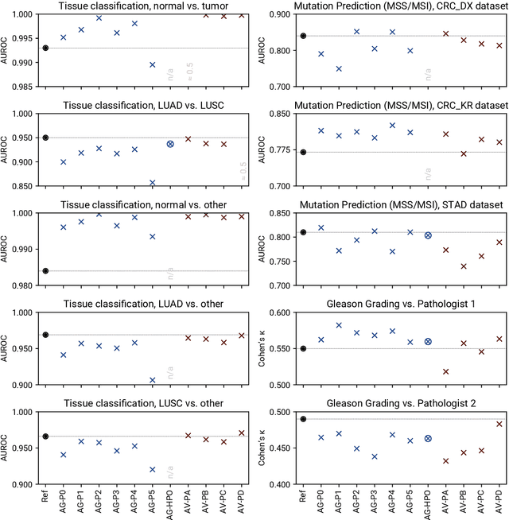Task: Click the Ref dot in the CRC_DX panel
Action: (x=303, y=36)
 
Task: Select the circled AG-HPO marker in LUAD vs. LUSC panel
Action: (x=170, y=144)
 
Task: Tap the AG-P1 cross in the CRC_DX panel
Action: (x=339, y=69)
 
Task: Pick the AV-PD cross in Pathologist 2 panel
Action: (x=499, y=424)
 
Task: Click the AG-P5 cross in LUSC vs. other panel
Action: (x=152, y=469)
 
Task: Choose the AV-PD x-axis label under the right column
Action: (x=499, y=500)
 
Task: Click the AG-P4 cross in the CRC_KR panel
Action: (x=392, y=125)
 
